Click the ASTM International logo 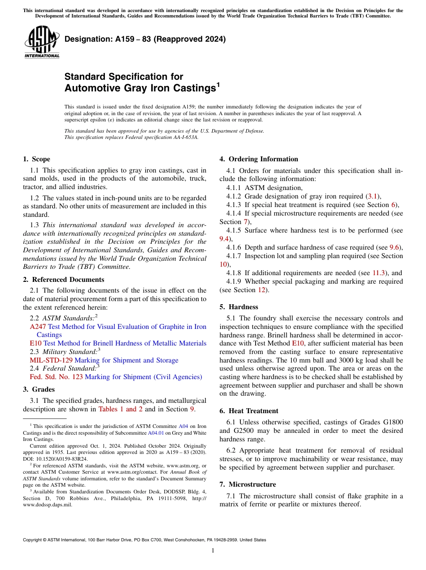click(42, 42)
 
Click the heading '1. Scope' click(36, 159)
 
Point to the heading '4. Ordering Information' click(259, 159)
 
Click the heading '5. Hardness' click(239, 307)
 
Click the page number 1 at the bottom click(213, 551)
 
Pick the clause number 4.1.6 click(234, 247)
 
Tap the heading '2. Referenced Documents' click(63, 280)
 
